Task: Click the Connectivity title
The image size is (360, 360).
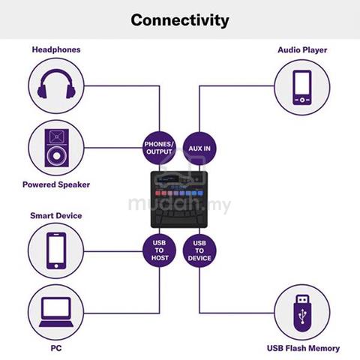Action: [x=180, y=20]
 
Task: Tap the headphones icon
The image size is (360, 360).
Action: [x=56, y=84]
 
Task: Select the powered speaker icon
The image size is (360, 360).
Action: [x=56, y=148]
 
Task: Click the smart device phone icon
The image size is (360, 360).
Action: [x=56, y=250]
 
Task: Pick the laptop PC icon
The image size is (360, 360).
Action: [x=56, y=312]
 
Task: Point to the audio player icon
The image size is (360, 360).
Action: [x=302, y=88]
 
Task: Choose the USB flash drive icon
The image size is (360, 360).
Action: [x=302, y=313]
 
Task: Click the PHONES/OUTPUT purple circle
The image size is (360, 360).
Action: [x=159, y=148]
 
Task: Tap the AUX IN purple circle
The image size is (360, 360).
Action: [x=199, y=148]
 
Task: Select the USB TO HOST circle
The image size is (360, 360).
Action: [x=159, y=250]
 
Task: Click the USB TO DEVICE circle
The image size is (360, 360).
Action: [x=199, y=250]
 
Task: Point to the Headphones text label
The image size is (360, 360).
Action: [x=56, y=49]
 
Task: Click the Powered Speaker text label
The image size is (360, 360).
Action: [x=56, y=184]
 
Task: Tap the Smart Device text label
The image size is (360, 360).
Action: [x=56, y=215]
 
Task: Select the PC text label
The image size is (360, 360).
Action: [x=56, y=348]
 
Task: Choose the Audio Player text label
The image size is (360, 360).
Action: [x=302, y=49]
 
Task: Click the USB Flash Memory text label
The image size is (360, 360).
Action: [x=303, y=348]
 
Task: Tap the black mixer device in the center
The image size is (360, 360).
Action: [x=179, y=199]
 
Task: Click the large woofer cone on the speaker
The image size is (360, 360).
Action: [x=56, y=156]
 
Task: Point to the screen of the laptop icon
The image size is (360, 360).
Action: [x=56, y=307]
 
